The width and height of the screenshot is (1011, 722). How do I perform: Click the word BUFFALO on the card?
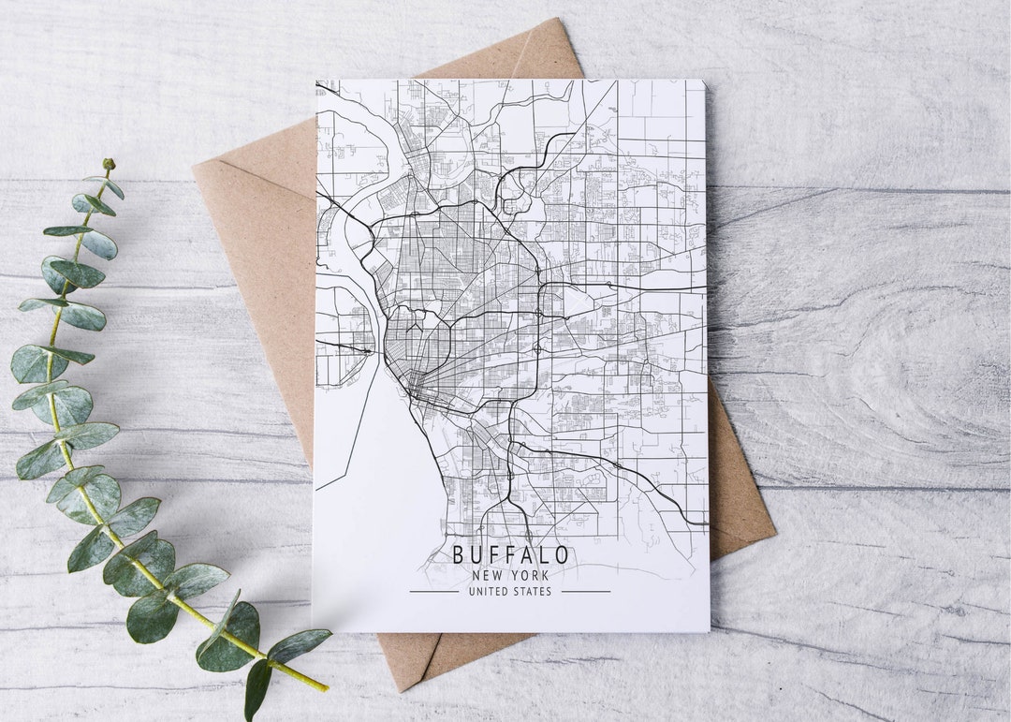click(x=511, y=554)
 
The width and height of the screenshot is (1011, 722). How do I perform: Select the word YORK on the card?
click(x=530, y=576)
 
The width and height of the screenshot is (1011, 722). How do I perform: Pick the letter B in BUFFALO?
click(x=459, y=554)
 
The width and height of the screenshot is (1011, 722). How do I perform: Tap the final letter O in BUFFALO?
click(x=561, y=554)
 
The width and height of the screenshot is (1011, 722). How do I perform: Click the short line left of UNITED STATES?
click(x=433, y=591)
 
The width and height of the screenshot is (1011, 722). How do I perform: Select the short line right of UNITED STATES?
click(x=586, y=591)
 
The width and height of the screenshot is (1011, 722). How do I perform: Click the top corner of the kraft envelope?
click(x=559, y=20)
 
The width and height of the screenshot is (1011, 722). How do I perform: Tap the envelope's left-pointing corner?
click(x=195, y=169)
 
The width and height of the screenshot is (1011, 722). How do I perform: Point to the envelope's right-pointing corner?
click(x=775, y=537)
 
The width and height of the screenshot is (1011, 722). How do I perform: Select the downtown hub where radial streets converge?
click(x=413, y=380)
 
